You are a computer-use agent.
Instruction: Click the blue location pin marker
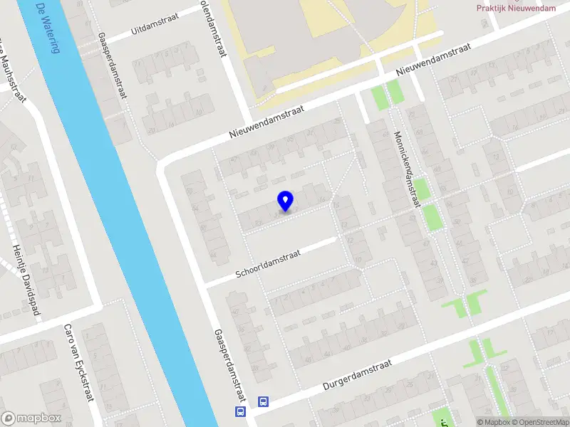(x=285, y=201)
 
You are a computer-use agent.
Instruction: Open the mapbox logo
(x=31, y=418)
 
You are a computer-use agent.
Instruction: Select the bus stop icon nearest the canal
(x=239, y=411)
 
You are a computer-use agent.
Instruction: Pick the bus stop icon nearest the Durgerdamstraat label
(x=263, y=402)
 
